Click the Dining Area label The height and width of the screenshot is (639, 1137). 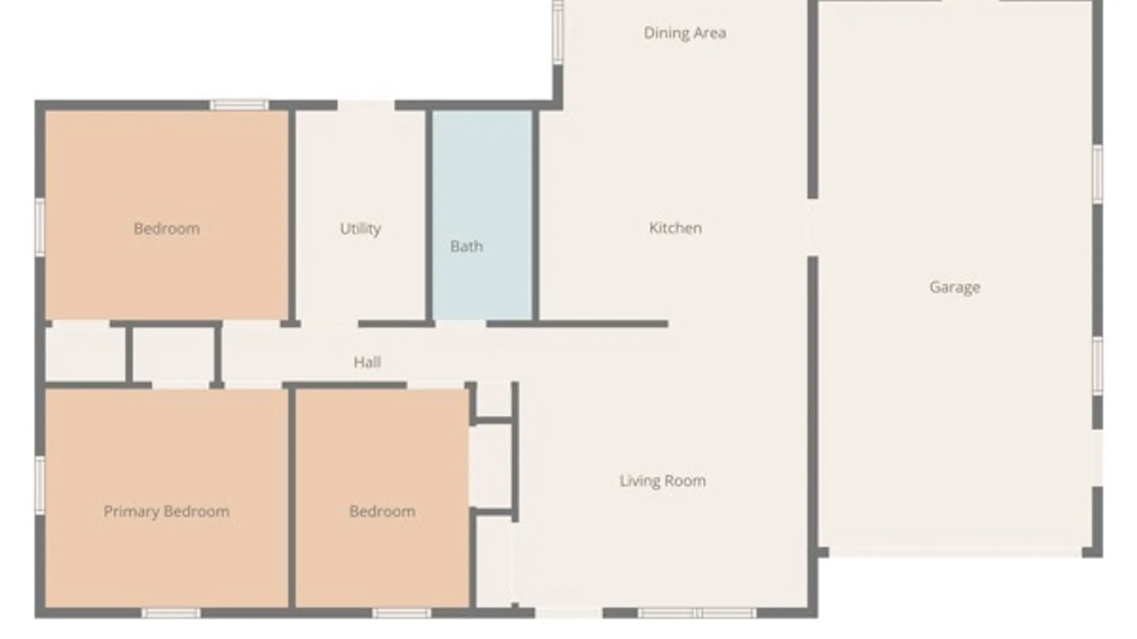coord(685,33)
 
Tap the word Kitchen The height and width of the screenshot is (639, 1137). coord(675,228)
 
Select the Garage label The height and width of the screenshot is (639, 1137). coord(955,288)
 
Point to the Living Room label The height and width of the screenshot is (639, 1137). coord(663,481)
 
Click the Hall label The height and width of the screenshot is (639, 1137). coord(367,362)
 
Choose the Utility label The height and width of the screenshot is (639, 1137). coord(360,229)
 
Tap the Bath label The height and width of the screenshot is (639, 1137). coord(467,246)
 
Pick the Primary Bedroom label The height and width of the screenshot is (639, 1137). coord(166,512)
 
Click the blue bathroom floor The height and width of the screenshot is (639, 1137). coord(482,215)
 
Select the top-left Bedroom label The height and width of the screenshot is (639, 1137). coord(166,229)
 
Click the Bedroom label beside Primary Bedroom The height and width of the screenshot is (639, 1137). coord(382,511)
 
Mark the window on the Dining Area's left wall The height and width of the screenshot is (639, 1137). coord(557,33)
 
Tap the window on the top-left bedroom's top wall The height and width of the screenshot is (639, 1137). coord(239,105)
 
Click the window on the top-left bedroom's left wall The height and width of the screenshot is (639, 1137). coord(40,227)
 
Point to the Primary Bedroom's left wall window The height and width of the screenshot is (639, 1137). coord(40,485)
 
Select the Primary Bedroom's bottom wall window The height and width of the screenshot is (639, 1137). coord(171,613)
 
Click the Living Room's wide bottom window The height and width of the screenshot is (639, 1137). coord(697,613)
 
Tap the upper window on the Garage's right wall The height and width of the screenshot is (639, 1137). coord(1097,175)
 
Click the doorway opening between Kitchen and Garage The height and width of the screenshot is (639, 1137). coord(813,228)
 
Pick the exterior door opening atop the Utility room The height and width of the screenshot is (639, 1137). coord(366,105)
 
